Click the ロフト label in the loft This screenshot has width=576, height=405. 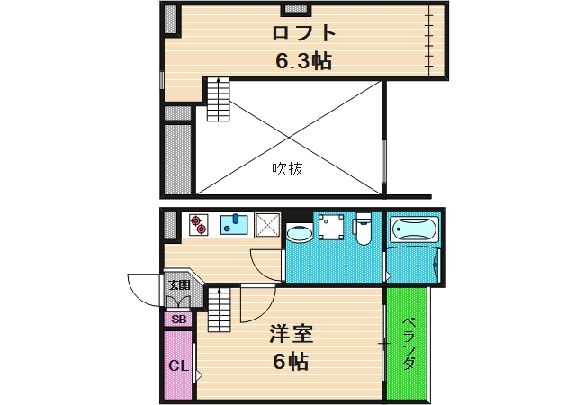click(x=305, y=34)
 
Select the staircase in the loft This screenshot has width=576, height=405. click(x=219, y=100)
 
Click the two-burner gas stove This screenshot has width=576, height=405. click(x=197, y=223)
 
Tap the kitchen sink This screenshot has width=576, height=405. click(x=236, y=223)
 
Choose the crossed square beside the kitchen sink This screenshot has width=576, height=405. click(x=267, y=224)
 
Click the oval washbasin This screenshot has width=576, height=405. click(x=298, y=233)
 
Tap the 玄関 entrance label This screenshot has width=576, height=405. click(x=179, y=285)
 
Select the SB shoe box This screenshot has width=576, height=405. click(x=178, y=319)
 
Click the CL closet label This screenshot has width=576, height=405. click(x=178, y=365)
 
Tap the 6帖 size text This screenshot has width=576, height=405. click(x=291, y=362)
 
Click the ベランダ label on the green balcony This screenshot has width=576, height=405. click(x=408, y=343)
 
